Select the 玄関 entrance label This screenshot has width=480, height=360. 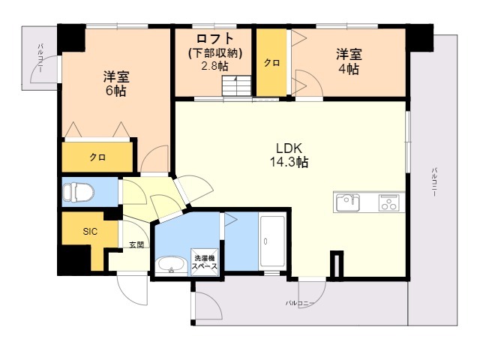tap(135, 244)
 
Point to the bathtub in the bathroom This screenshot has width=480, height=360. tap(271, 242)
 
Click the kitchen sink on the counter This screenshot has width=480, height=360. tap(347, 202)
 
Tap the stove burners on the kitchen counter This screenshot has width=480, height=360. tap(389, 202)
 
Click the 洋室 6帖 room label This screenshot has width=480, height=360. tap(115, 82)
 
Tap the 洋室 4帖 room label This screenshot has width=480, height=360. tap(347, 61)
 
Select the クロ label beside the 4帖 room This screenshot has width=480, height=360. tap(271, 63)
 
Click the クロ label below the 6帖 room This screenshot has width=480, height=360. tap(97, 157)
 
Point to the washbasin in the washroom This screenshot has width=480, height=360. tap(172, 265)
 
